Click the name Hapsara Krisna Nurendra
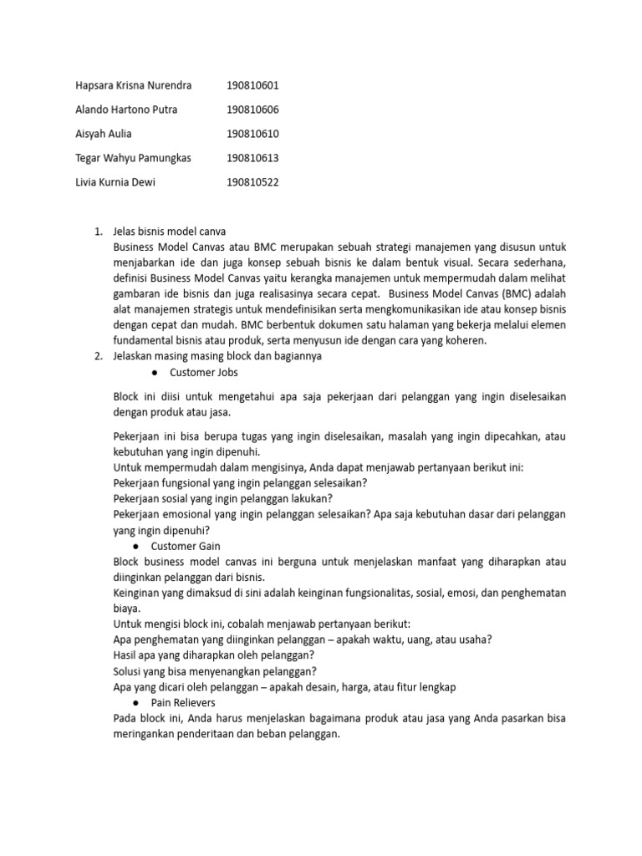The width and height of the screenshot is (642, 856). [x=134, y=85]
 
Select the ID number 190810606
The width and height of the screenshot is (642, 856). [x=252, y=110]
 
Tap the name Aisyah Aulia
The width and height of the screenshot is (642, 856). [x=104, y=134]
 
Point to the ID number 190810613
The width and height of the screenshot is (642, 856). [x=252, y=158]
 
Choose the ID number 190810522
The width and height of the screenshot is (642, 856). [x=252, y=182]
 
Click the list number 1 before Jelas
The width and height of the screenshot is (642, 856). [x=97, y=231]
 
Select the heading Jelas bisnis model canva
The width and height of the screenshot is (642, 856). [x=169, y=231]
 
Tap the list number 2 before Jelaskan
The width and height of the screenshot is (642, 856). [x=97, y=356]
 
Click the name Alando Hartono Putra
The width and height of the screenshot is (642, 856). [x=126, y=110]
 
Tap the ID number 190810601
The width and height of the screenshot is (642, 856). [x=252, y=85]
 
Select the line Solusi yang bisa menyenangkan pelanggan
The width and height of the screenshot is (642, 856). [x=215, y=671]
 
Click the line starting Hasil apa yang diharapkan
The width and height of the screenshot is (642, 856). [x=213, y=655]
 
